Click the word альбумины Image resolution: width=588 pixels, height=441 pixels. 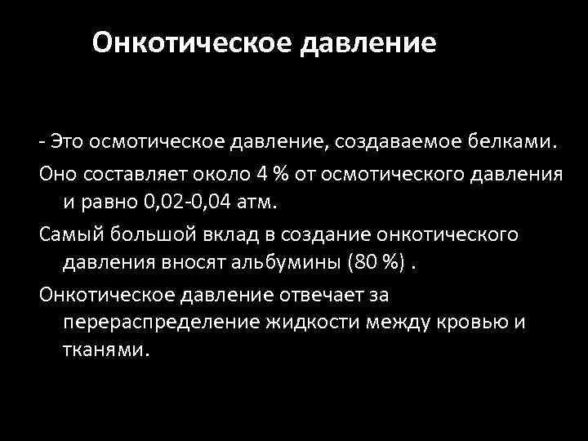click(x=274, y=262)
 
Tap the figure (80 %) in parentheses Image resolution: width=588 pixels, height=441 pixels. click(x=356, y=262)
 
